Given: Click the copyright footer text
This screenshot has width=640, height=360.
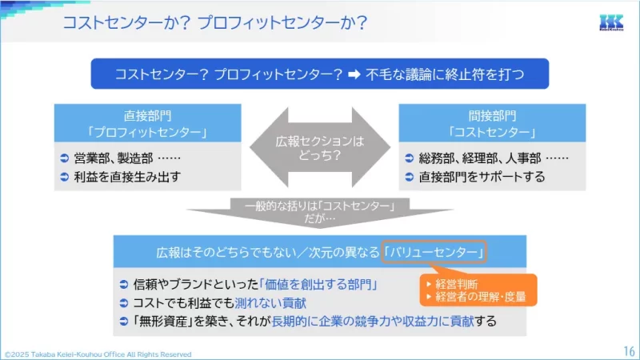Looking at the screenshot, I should click(98, 354).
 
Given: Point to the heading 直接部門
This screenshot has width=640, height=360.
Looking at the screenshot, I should click(148, 115).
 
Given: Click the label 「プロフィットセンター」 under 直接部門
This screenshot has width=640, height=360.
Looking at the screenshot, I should click(148, 131).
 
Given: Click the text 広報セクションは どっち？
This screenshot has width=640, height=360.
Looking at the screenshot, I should click(319, 148).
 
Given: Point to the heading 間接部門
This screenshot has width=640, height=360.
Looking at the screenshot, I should click(492, 115).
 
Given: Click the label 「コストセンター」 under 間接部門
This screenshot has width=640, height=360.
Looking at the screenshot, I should click(492, 131).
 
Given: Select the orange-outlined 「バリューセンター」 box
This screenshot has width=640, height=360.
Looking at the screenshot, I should click(435, 252).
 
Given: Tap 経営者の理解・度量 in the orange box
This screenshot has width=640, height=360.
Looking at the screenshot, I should click(480, 298).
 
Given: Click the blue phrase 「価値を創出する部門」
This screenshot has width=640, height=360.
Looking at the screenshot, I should click(318, 284).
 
